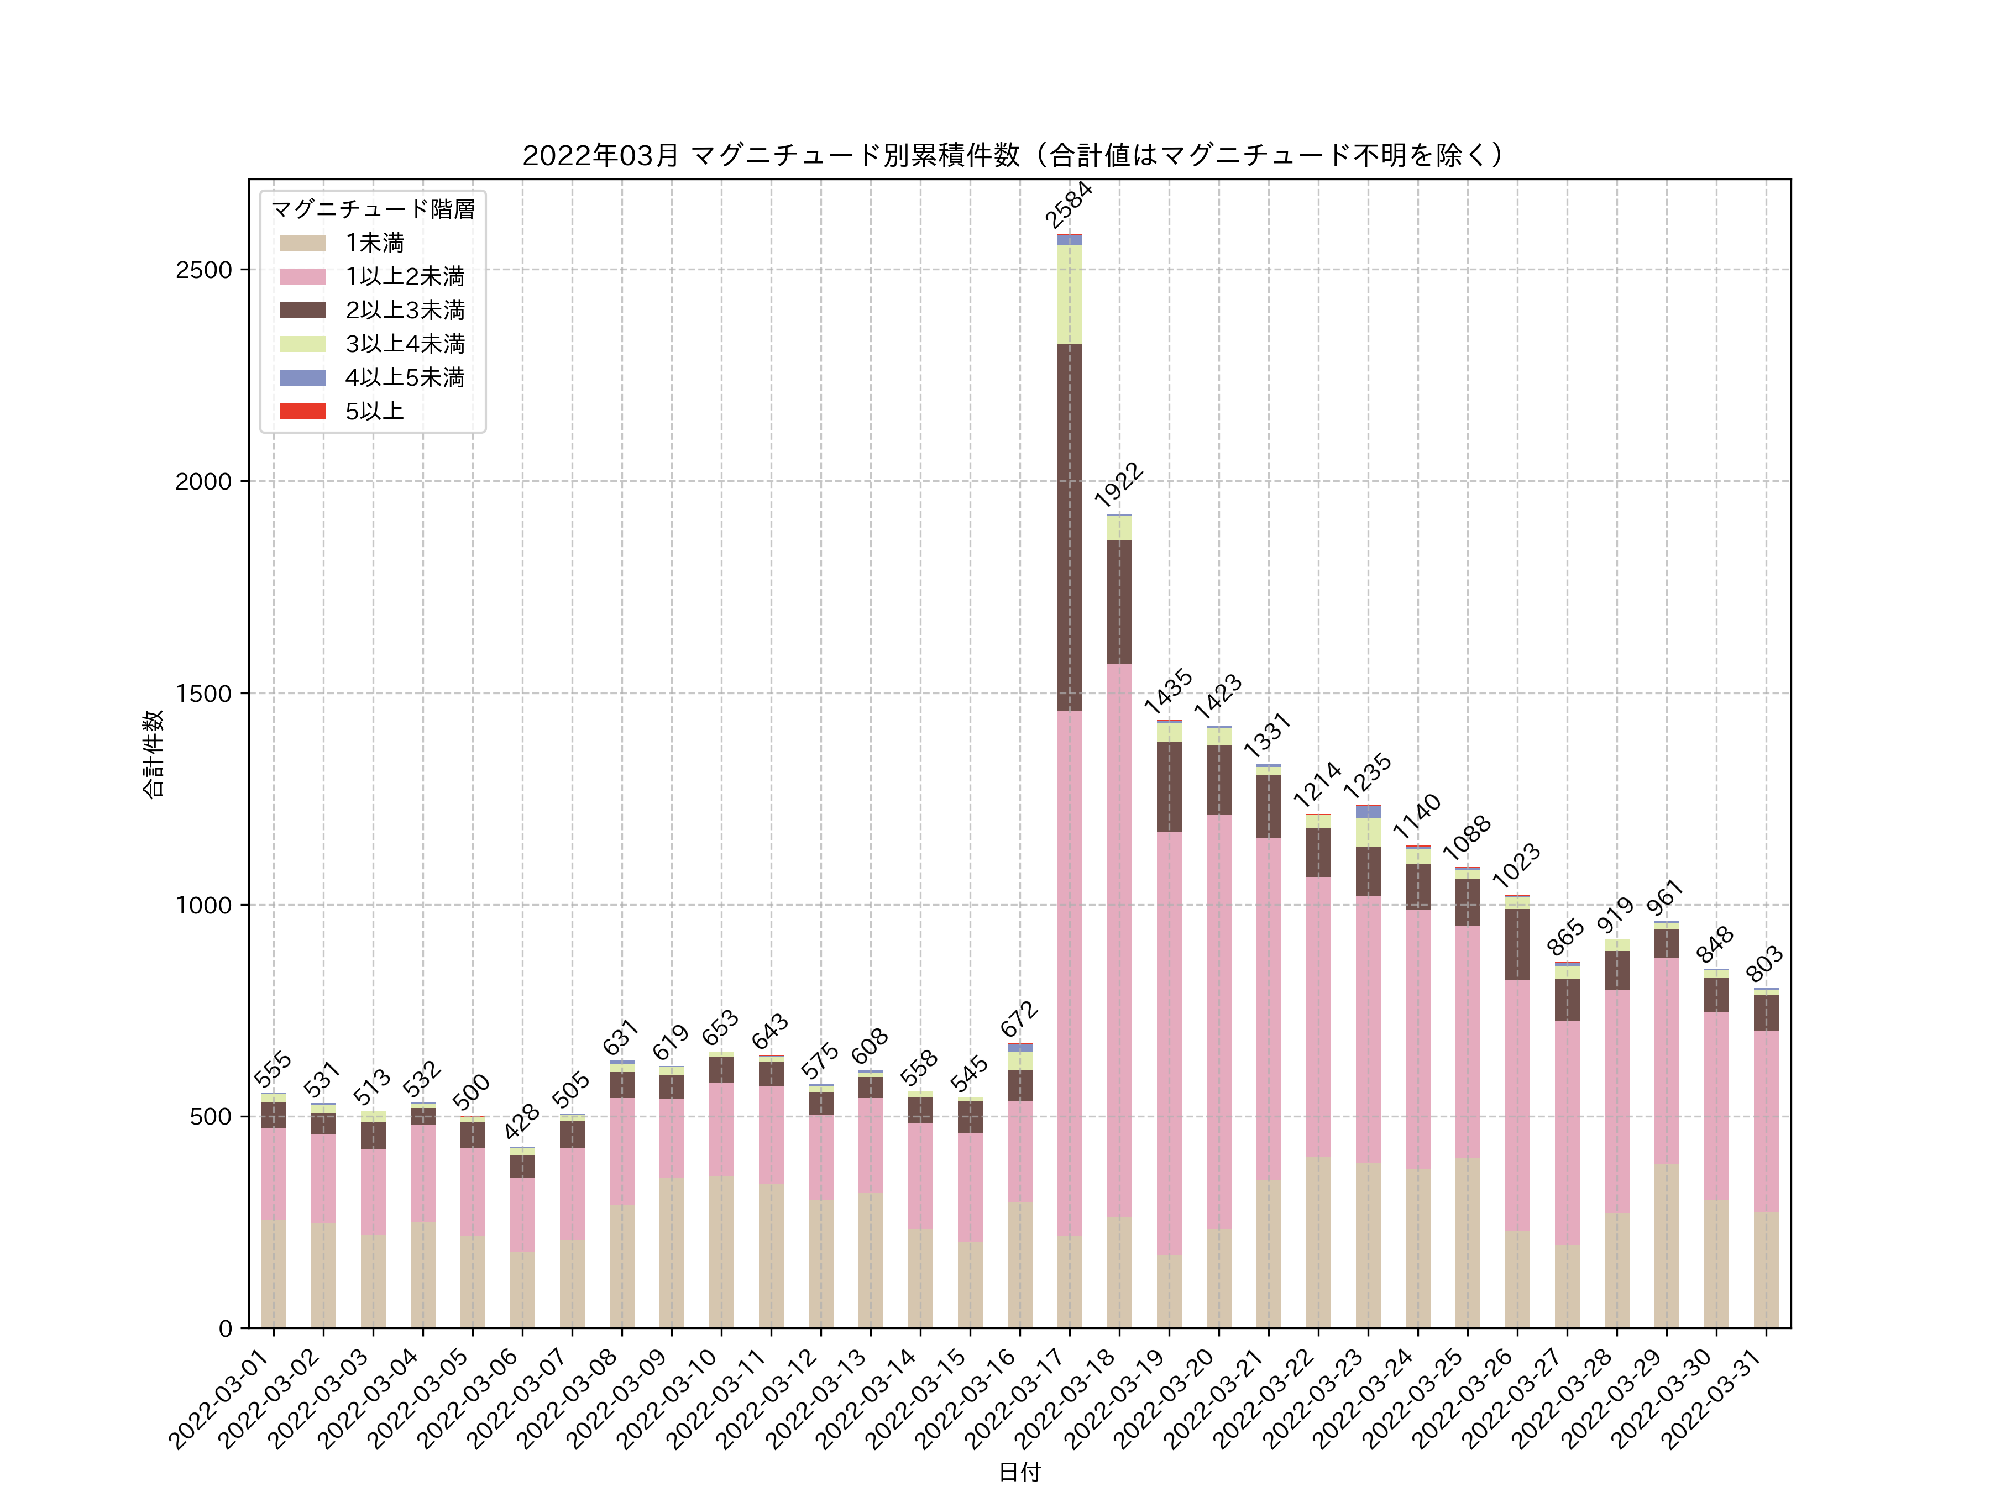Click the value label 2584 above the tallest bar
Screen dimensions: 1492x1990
click(1069, 205)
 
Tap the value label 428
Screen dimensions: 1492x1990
click(522, 1122)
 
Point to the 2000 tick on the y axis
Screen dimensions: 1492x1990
click(203, 482)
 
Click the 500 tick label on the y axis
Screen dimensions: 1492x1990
click(211, 1117)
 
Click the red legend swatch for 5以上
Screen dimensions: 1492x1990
click(302, 411)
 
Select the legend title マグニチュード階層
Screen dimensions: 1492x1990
click(373, 209)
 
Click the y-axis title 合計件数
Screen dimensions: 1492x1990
click(154, 754)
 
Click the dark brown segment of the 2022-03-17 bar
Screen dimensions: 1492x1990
click(1070, 527)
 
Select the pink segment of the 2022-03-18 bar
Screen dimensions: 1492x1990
click(1119, 940)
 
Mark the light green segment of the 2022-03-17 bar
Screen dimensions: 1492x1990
click(1070, 294)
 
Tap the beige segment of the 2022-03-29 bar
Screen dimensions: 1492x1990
click(1666, 1246)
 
